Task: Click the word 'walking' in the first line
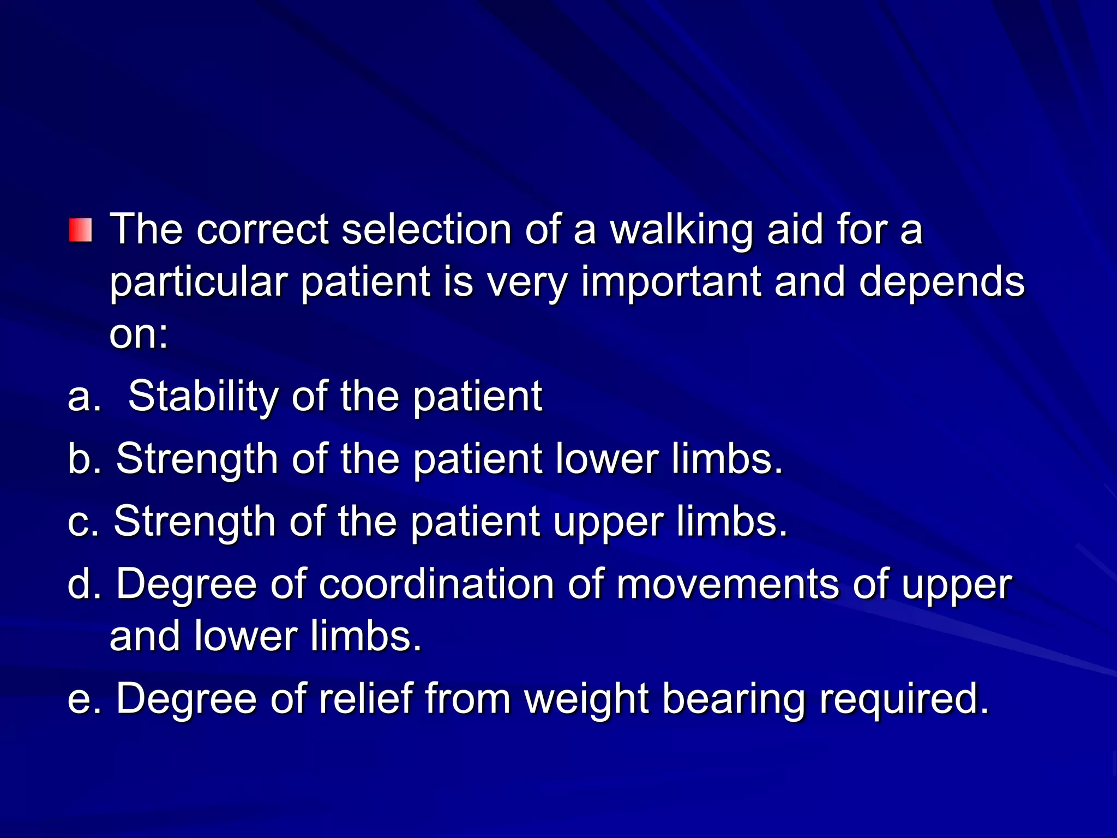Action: (x=682, y=230)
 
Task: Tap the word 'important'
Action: (x=671, y=282)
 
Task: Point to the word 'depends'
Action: (x=942, y=282)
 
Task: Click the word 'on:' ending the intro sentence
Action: (x=139, y=334)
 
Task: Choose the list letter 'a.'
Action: (x=85, y=396)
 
